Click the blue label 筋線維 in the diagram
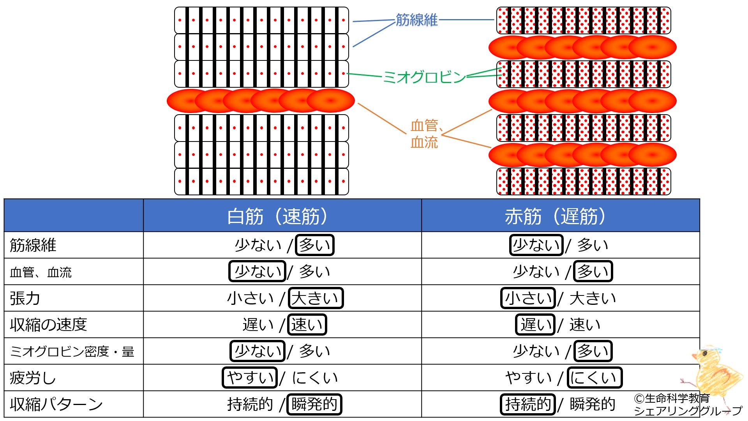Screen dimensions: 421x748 point(416,20)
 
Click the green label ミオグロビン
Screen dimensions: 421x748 point(424,77)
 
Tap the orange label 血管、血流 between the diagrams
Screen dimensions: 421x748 point(425,134)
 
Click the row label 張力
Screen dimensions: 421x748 point(25,298)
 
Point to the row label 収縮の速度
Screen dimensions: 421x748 point(48,325)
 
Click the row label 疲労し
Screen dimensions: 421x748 point(33,378)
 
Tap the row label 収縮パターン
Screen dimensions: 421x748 point(56,404)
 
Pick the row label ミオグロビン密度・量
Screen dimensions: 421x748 point(72,352)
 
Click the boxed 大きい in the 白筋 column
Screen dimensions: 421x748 point(316,298)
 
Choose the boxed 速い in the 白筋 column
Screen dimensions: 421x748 point(307,325)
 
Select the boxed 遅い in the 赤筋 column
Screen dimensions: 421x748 point(535,325)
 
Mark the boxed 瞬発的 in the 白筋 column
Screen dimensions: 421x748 point(314,404)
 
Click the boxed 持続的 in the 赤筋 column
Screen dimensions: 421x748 point(527,404)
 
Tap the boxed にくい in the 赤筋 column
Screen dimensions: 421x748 point(594,378)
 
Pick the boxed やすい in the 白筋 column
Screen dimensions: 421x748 point(250,378)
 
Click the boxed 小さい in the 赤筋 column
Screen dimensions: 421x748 point(528,298)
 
